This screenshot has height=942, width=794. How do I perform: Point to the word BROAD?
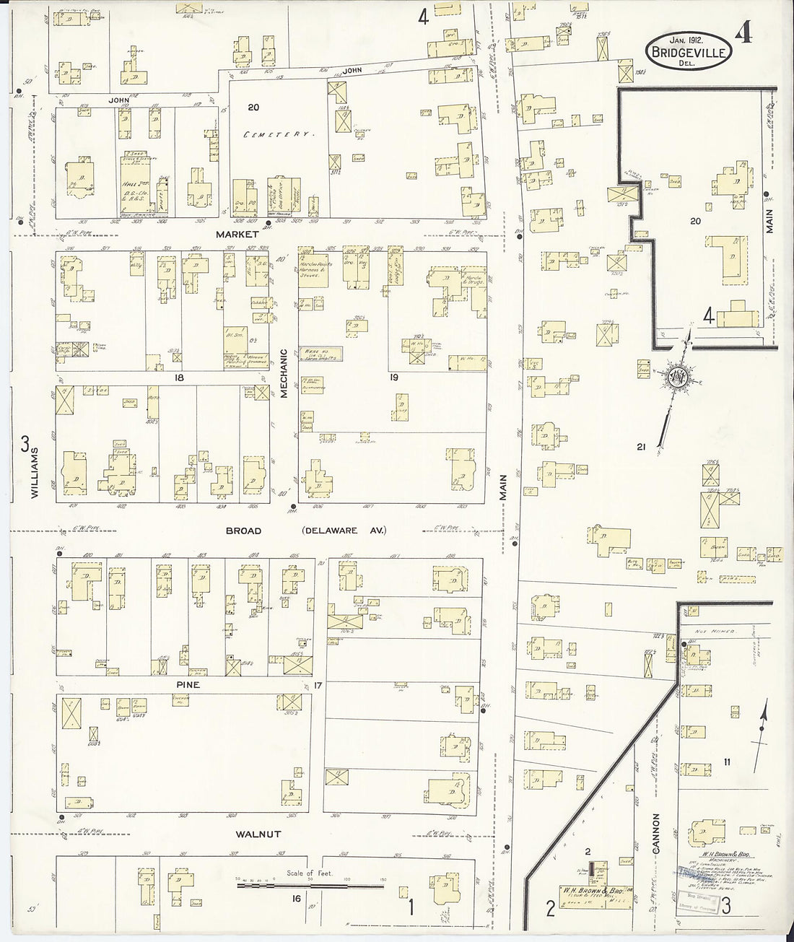coord(243,531)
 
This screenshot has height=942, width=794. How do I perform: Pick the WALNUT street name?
coord(256,834)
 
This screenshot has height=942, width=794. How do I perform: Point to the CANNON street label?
coord(656,834)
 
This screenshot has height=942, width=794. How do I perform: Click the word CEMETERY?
coord(279,135)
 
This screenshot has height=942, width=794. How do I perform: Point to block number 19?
coord(394,377)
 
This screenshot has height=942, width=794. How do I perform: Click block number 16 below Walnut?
coord(297,898)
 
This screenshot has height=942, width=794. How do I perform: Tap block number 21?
coord(640,447)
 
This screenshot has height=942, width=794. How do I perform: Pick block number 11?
coord(728,760)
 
